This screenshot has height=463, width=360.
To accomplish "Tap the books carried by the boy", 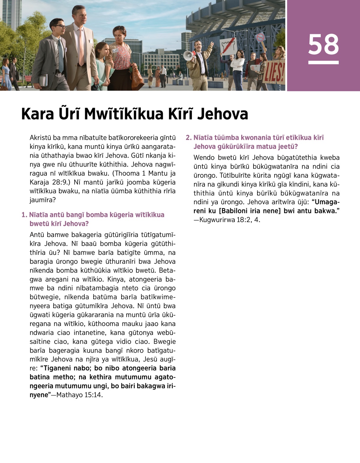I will pos(43,80).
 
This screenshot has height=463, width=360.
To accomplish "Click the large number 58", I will pos(323,44).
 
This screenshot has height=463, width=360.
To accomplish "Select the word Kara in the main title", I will pos(37,114).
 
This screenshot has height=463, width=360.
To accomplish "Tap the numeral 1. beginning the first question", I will pos(24,215).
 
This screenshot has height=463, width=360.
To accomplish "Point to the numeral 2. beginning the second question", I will pos(188,138).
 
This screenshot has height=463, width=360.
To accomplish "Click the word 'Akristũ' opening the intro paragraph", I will pos(40,138).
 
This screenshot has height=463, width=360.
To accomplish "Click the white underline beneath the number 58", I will pos(323,62).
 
